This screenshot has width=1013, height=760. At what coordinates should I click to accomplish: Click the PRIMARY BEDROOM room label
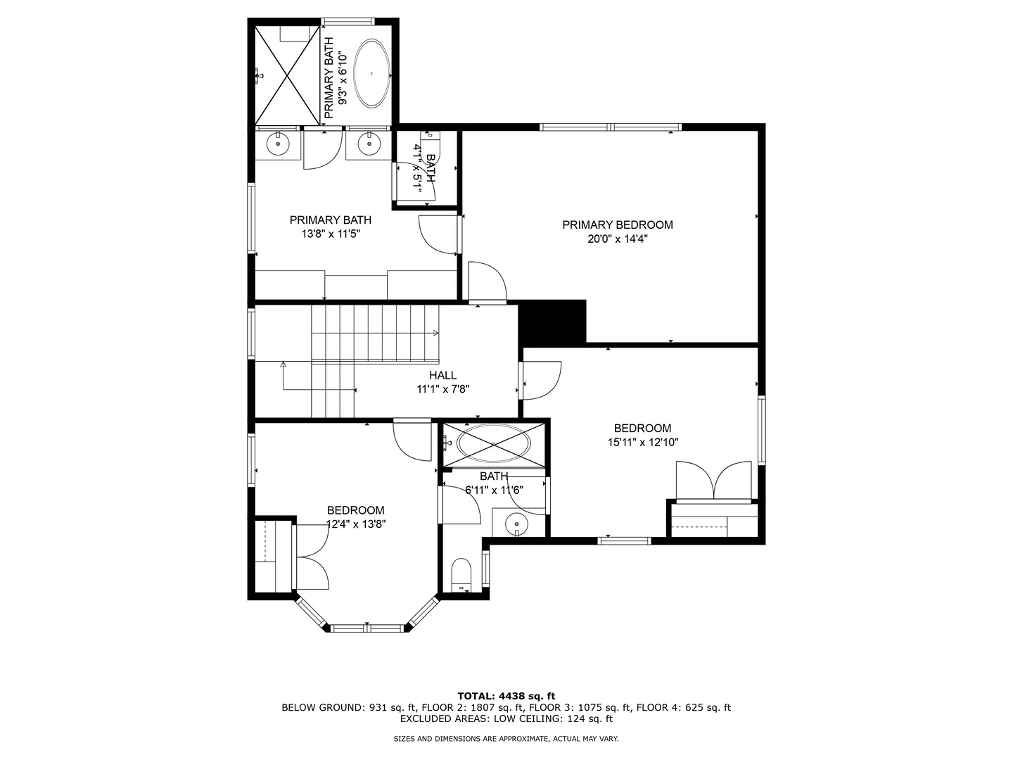(x=617, y=225)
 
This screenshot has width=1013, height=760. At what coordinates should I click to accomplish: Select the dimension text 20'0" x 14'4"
(x=617, y=239)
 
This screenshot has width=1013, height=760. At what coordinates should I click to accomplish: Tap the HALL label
(x=442, y=376)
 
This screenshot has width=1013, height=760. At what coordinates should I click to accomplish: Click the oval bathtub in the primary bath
(x=371, y=73)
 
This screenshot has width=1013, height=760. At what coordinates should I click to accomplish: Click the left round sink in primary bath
(x=279, y=144)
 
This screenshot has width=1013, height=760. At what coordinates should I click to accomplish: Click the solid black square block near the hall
(x=552, y=322)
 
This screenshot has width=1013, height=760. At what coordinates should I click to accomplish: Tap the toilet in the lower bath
(x=461, y=574)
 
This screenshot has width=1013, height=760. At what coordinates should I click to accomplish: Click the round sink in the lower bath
(x=517, y=524)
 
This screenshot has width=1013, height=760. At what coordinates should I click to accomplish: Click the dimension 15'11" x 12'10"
(x=643, y=443)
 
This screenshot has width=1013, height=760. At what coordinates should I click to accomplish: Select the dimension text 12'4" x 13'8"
(x=356, y=524)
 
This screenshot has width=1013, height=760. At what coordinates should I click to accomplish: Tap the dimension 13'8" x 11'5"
(x=331, y=234)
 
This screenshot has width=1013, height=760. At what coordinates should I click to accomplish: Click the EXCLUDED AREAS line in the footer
(x=507, y=718)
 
